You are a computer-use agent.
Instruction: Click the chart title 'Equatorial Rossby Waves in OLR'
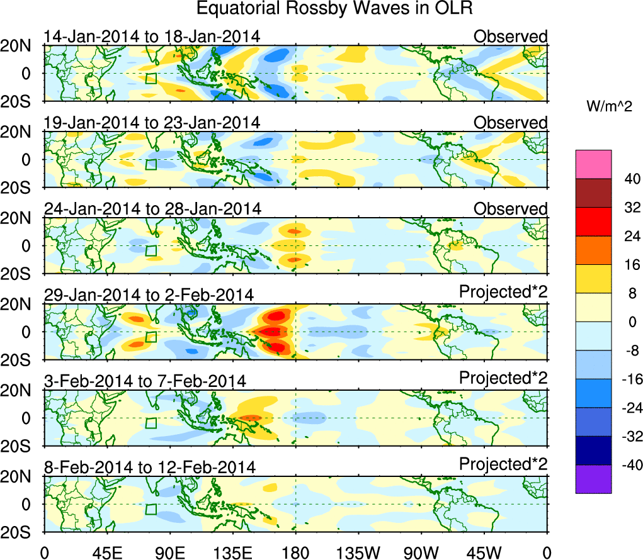(334, 9)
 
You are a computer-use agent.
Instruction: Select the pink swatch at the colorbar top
(593, 164)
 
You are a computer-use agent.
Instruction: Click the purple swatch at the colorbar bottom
(593, 479)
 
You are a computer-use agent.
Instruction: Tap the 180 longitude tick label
(295, 552)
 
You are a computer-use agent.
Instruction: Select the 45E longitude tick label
(106, 552)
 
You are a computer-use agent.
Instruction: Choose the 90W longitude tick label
(421, 552)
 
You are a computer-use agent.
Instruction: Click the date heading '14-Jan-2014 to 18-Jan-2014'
(152, 36)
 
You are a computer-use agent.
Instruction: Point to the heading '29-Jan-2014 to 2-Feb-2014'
(149, 294)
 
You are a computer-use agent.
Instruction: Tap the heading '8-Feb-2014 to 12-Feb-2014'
(150, 467)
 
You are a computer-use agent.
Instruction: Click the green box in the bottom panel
(151, 509)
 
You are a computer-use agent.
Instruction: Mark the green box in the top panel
(151, 79)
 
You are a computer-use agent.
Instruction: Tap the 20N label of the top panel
(18, 46)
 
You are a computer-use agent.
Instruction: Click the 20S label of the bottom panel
(18, 532)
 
